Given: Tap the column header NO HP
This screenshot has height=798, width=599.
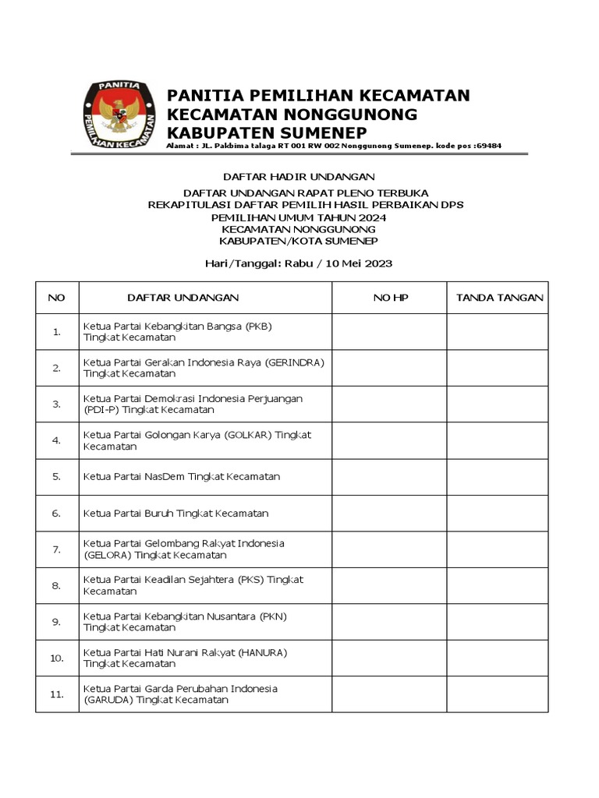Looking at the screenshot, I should tap(389, 298).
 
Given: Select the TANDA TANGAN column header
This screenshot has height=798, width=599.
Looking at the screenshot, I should tap(499, 298).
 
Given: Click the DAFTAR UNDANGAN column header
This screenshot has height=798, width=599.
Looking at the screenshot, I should tap(183, 298).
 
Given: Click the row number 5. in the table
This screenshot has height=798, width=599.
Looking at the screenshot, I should tap(57, 476).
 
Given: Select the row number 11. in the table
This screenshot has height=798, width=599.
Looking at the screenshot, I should tap(57, 694).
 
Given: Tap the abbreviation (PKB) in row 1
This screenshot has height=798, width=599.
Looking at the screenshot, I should tap(258, 326).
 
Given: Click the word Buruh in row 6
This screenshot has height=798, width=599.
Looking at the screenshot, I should tap(159, 513).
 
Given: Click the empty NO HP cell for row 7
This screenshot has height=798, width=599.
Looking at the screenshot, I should tap(389, 549).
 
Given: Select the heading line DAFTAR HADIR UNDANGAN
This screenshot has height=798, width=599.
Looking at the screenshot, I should tap(299, 177).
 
